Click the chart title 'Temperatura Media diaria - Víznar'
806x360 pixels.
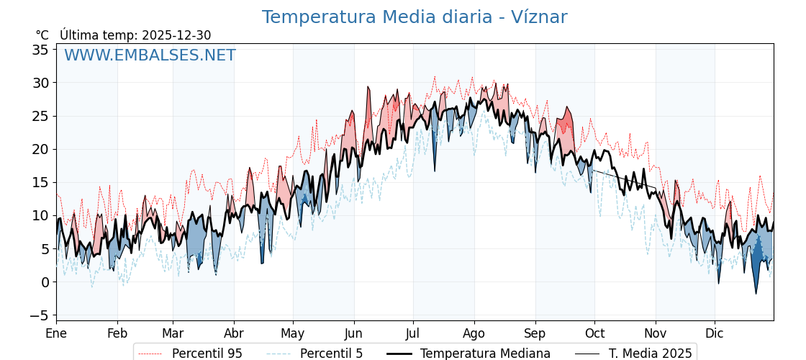tap(414, 17)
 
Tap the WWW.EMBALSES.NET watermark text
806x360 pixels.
tap(150, 55)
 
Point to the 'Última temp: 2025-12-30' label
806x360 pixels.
tap(135, 35)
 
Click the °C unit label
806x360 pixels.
tap(42, 35)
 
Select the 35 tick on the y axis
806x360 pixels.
tap(40, 50)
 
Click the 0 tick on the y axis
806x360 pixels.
tap(45, 282)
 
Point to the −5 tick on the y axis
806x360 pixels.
tap(40, 315)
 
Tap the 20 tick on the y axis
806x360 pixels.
tap(40, 149)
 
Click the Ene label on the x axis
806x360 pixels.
tap(56, 333)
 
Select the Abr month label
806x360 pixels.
tap(234, 333)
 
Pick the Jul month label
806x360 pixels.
tap(413, 333)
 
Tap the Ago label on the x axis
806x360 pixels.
tap(474, 333)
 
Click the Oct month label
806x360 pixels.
tap(594, 333)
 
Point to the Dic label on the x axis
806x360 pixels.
tap(715, 333)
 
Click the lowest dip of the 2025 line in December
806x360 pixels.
tap(756, 293)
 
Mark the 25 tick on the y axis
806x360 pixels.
tap(40, 116)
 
